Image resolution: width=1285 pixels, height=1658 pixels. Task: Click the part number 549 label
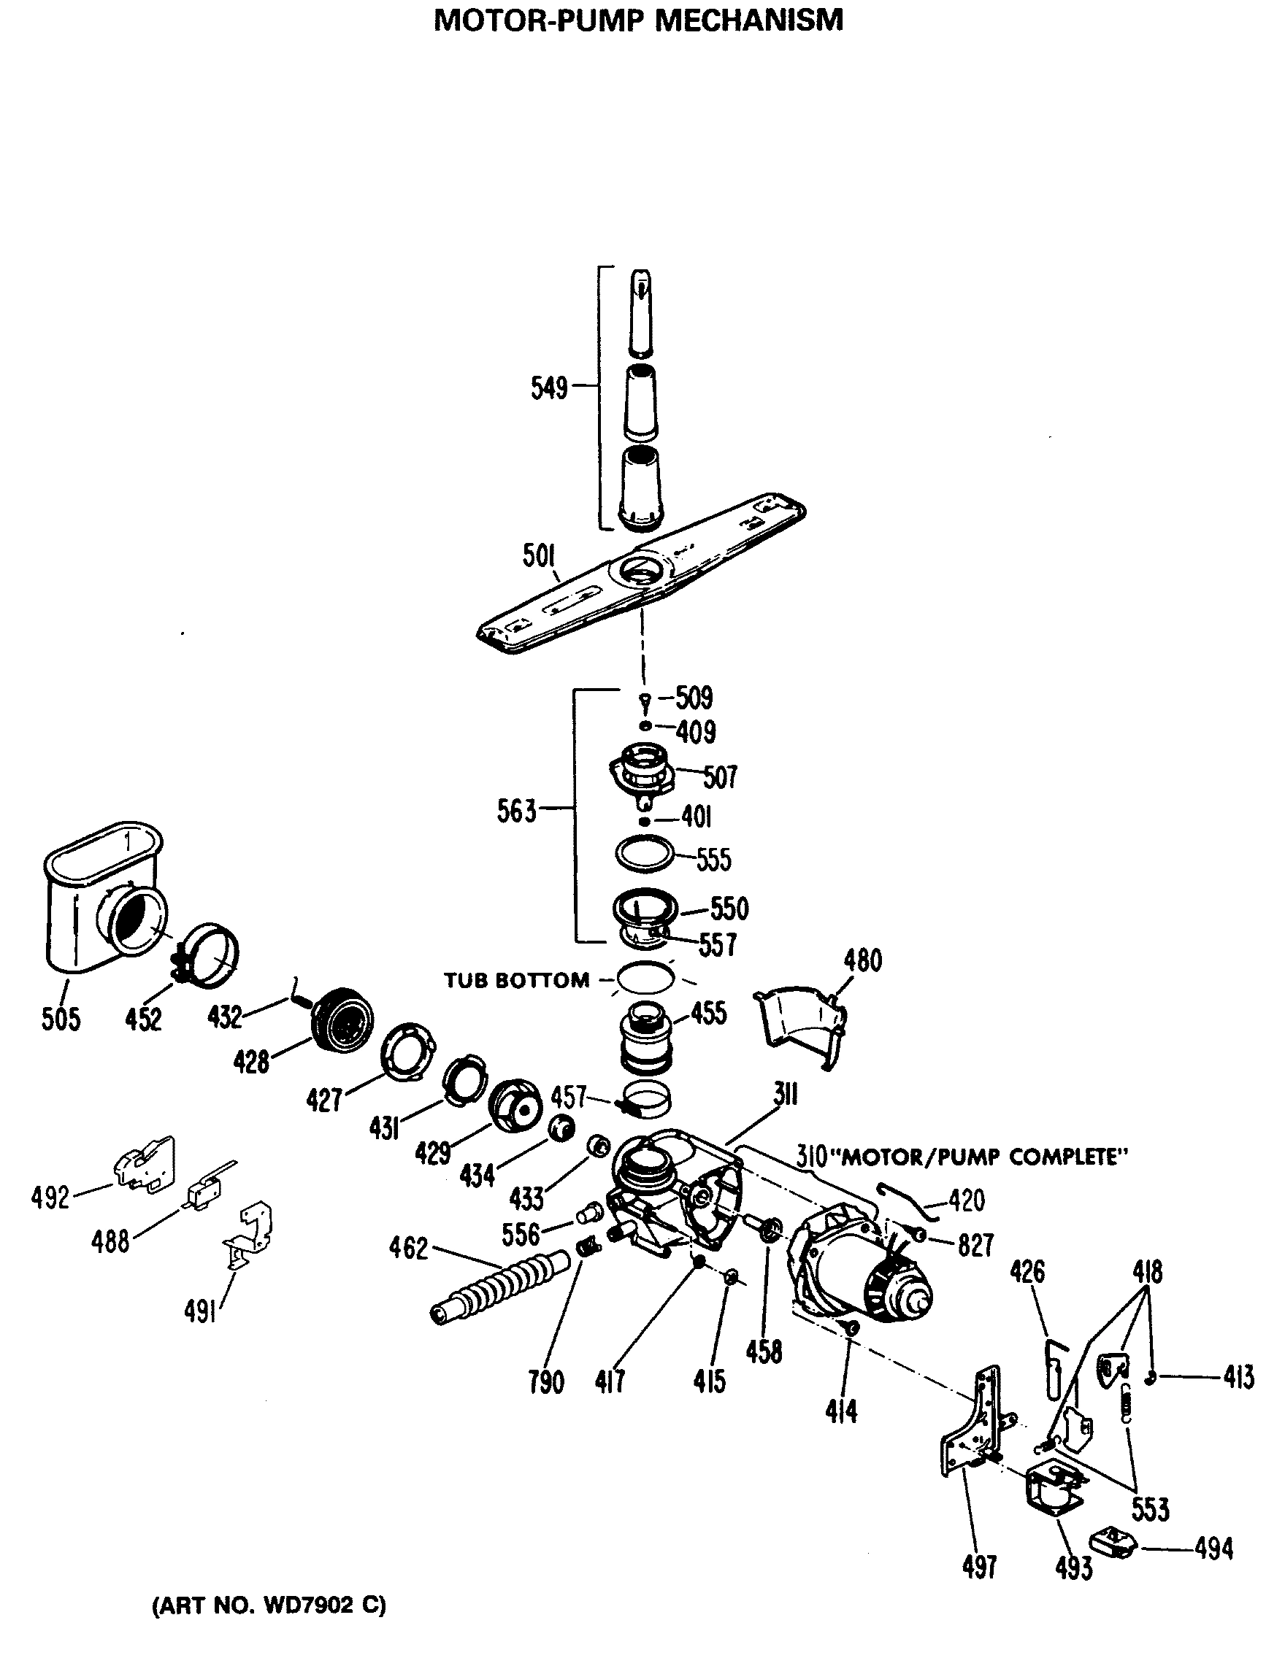tap(548, 388)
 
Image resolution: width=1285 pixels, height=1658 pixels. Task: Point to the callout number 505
tap(61, 1018)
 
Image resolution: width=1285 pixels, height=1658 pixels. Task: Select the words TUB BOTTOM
tap(516, 980)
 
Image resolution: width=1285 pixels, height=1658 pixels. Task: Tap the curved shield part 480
tap(801, 1025)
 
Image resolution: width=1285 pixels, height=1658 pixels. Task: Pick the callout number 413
tap(1238, 1376)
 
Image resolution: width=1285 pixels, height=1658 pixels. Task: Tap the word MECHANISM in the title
tap(748, 20)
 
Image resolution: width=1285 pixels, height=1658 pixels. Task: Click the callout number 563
tap(516, 811)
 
